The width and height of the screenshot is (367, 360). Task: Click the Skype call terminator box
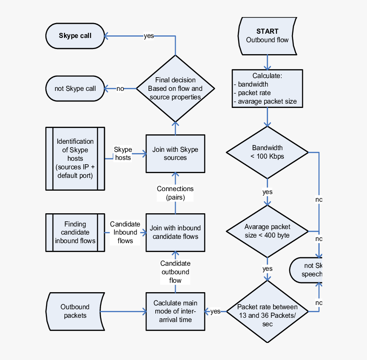(x=75, y=36)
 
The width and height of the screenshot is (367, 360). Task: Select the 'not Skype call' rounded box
(x=75, y=89)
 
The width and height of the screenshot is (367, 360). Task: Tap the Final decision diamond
(x=175, y=88)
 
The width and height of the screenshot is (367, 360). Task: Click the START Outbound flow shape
(x=268, y=36)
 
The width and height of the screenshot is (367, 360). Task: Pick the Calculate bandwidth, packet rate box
(x=268, y=88)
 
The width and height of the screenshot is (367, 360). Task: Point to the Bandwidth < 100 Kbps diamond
(x=268, y=152)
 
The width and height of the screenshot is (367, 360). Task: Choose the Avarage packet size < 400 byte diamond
(x=268, y=231)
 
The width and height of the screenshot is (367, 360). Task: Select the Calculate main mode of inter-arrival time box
(x=175, y=311)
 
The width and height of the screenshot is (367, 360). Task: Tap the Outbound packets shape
(x=75, y=311)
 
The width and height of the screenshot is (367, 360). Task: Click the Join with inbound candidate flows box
(x=175, y=232)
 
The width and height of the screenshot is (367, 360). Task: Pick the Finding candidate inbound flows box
(x=75, y=232)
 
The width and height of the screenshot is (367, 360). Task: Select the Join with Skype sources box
(x=175, y=154)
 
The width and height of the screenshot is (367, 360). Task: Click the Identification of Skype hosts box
(x=75, y=158)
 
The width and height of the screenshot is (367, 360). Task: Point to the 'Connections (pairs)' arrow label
(x=175, y=193)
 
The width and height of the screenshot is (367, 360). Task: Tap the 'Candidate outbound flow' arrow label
(x=175, y=272)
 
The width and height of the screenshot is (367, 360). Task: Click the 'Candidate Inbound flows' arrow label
(x=125, y=232)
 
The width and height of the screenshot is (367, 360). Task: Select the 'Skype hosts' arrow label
(x=123, y=154)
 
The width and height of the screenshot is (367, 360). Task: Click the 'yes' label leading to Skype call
(x=149, y=36)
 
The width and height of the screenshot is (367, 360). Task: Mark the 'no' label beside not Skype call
(x=120, y=89)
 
